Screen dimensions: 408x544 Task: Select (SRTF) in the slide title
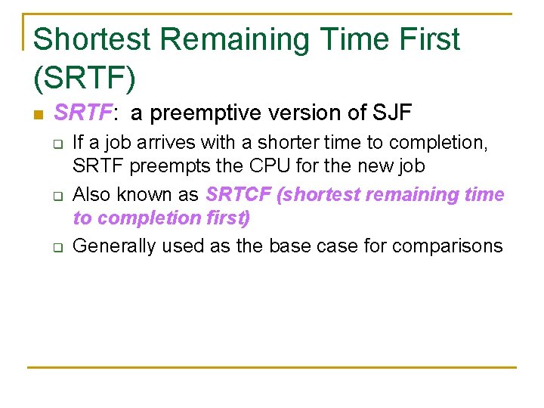(x=85, y=76)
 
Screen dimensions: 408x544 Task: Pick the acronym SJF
(x=392, y=113)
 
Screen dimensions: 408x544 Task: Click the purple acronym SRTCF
(x=238, y=194)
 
